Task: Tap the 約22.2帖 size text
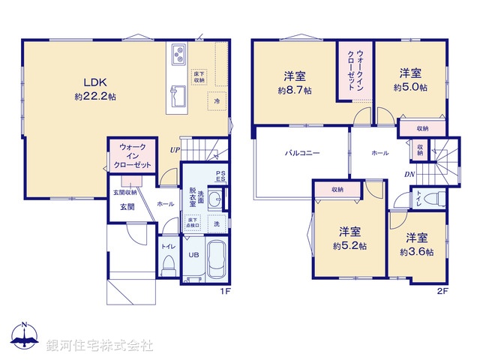(94, 97)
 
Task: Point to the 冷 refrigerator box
(217, 100)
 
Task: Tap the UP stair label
(175, 148)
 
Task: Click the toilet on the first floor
(169, 264)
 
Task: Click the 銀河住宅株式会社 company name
(100, 345)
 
